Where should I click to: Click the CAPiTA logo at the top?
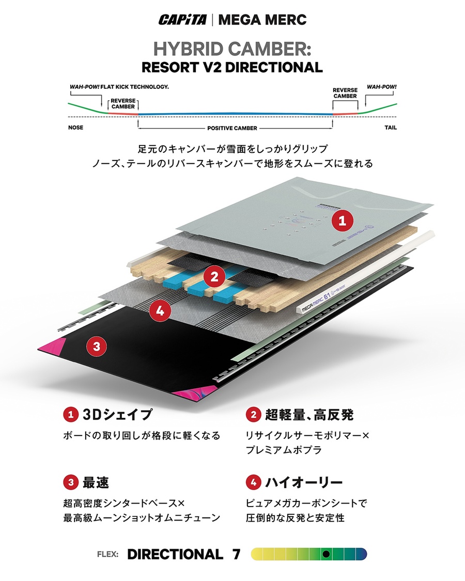(x=183, y=20)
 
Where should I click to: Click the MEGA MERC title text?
(x=262, y=20)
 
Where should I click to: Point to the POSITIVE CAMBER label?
(x=232, y=128)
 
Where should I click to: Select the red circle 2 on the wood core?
(x=213, y=277)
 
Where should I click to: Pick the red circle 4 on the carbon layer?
(x=160, y=310)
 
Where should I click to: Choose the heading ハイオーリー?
(x=304, y=483)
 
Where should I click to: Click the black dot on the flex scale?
(x=326, y=554)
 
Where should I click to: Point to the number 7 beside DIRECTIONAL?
(x=236, y=554)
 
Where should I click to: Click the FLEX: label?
(x=108, y=555)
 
